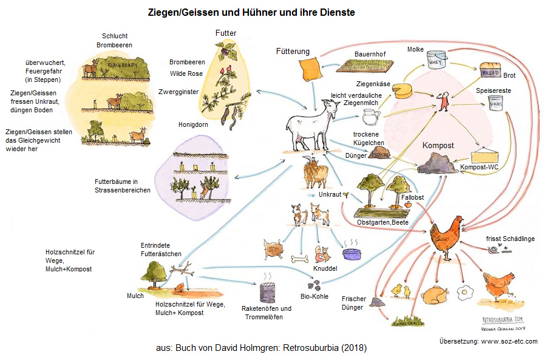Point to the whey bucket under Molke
point(437,61)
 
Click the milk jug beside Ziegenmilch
point(371,115)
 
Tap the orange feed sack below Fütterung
point(309,69)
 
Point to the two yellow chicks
point(401,291)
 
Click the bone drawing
point(301,259)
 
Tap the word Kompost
point(438,146)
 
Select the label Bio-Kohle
point(314,296)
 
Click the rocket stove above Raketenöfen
point(266,291)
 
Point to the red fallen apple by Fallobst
point(408,206)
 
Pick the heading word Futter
point(226,32)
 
